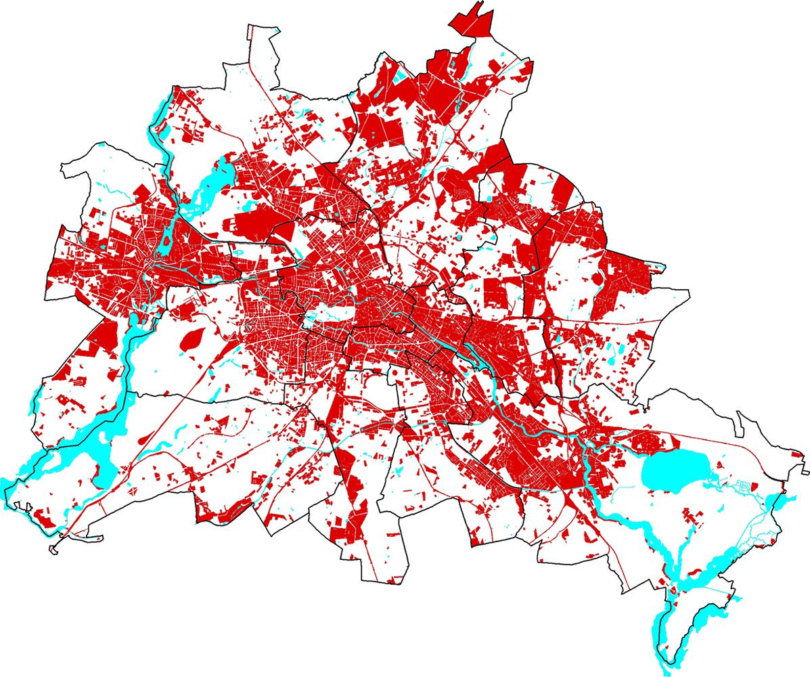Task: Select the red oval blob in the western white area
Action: point(193,341)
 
